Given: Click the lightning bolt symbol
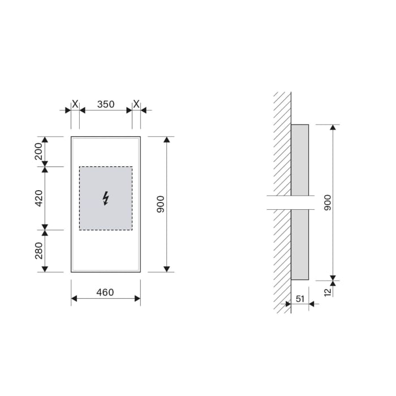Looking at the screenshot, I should [106, 198].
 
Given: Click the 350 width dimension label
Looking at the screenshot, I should [106, 104].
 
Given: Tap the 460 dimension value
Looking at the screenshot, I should [105, 292].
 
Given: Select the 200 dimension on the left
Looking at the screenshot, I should [39, 152].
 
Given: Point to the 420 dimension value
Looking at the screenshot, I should [39, 198].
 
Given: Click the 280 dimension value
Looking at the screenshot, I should [39, 251].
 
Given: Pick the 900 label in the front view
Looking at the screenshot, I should [160, 204].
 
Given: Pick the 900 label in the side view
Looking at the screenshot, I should [327, 203].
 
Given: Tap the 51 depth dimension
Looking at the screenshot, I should [300, 298].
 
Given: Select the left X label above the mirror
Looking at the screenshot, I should [75, 104].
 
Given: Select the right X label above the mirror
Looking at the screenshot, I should [136, 104].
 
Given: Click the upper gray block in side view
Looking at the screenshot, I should [300, 160].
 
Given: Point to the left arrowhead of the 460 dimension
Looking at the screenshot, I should [74, 299].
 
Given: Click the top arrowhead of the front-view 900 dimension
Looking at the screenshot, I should [166, 140].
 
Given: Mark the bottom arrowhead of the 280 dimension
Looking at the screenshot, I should [45, 269].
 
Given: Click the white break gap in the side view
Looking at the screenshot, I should [289, 203].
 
